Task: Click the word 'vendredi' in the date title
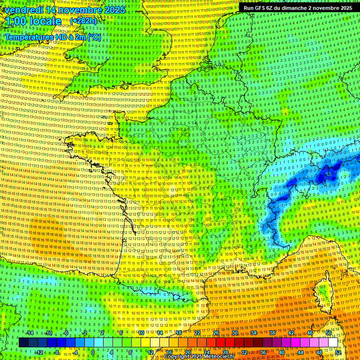click(22, 10)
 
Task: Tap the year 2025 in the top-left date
click(114, 10)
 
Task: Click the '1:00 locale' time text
click(33, 21)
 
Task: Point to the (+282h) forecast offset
click(83, 21)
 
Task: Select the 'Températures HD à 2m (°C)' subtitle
click(52, 37)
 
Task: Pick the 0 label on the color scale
click(93, 352)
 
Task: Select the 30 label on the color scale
click(234, 333)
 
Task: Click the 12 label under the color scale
click(150, 352)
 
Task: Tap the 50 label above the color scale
click(329, 333)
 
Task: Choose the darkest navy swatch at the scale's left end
click(23, 343)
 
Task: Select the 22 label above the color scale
click(197, 333)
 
